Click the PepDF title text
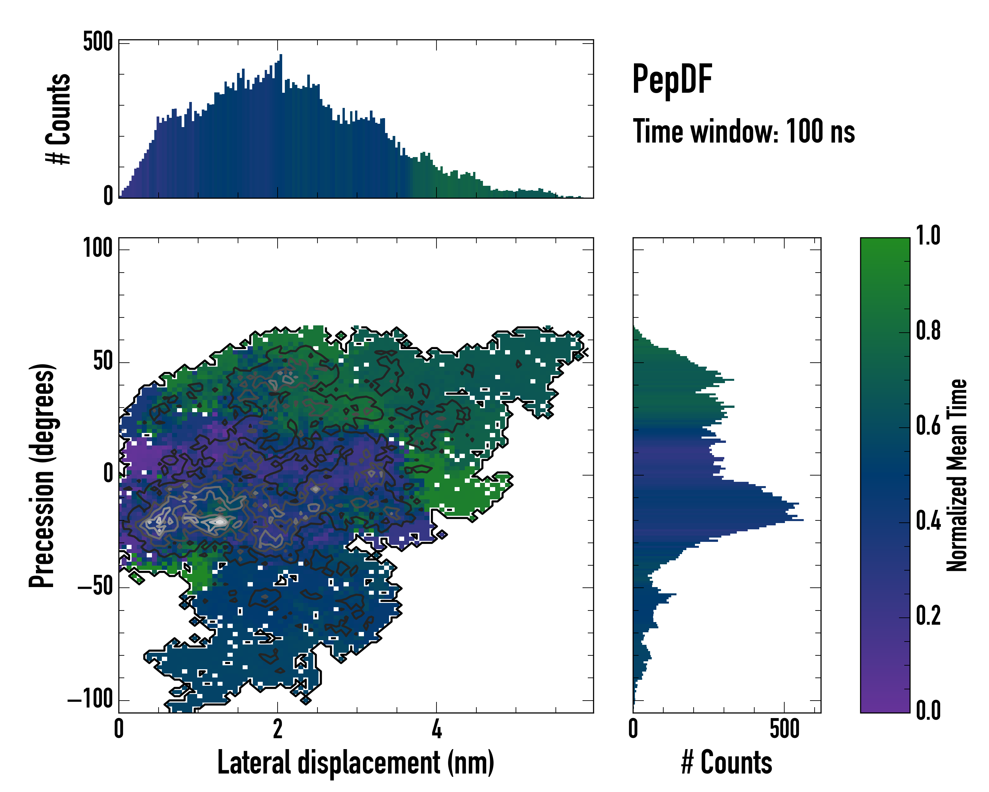click(x=672, y=80)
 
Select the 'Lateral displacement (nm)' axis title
click(x=355, y=763)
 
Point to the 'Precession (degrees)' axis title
click(x=42, y=475)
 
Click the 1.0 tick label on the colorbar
click(x=928, y=236)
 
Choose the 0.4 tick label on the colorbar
click(x=928, y=522)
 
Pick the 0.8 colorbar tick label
click(x=928, y=331)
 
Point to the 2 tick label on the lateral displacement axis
click(x=278, y=730)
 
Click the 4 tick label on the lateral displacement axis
click(x=436, y=730)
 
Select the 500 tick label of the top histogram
click(x=98, y=43)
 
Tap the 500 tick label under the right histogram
click(x=784, y=730)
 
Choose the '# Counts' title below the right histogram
click(x=727, y=763)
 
